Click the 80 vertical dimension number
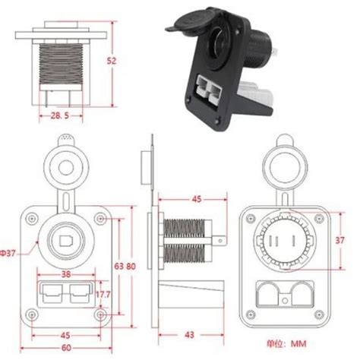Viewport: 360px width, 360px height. point(130,266)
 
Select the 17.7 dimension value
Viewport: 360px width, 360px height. point(103,293)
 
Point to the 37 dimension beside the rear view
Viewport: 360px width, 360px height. point(341,240)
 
